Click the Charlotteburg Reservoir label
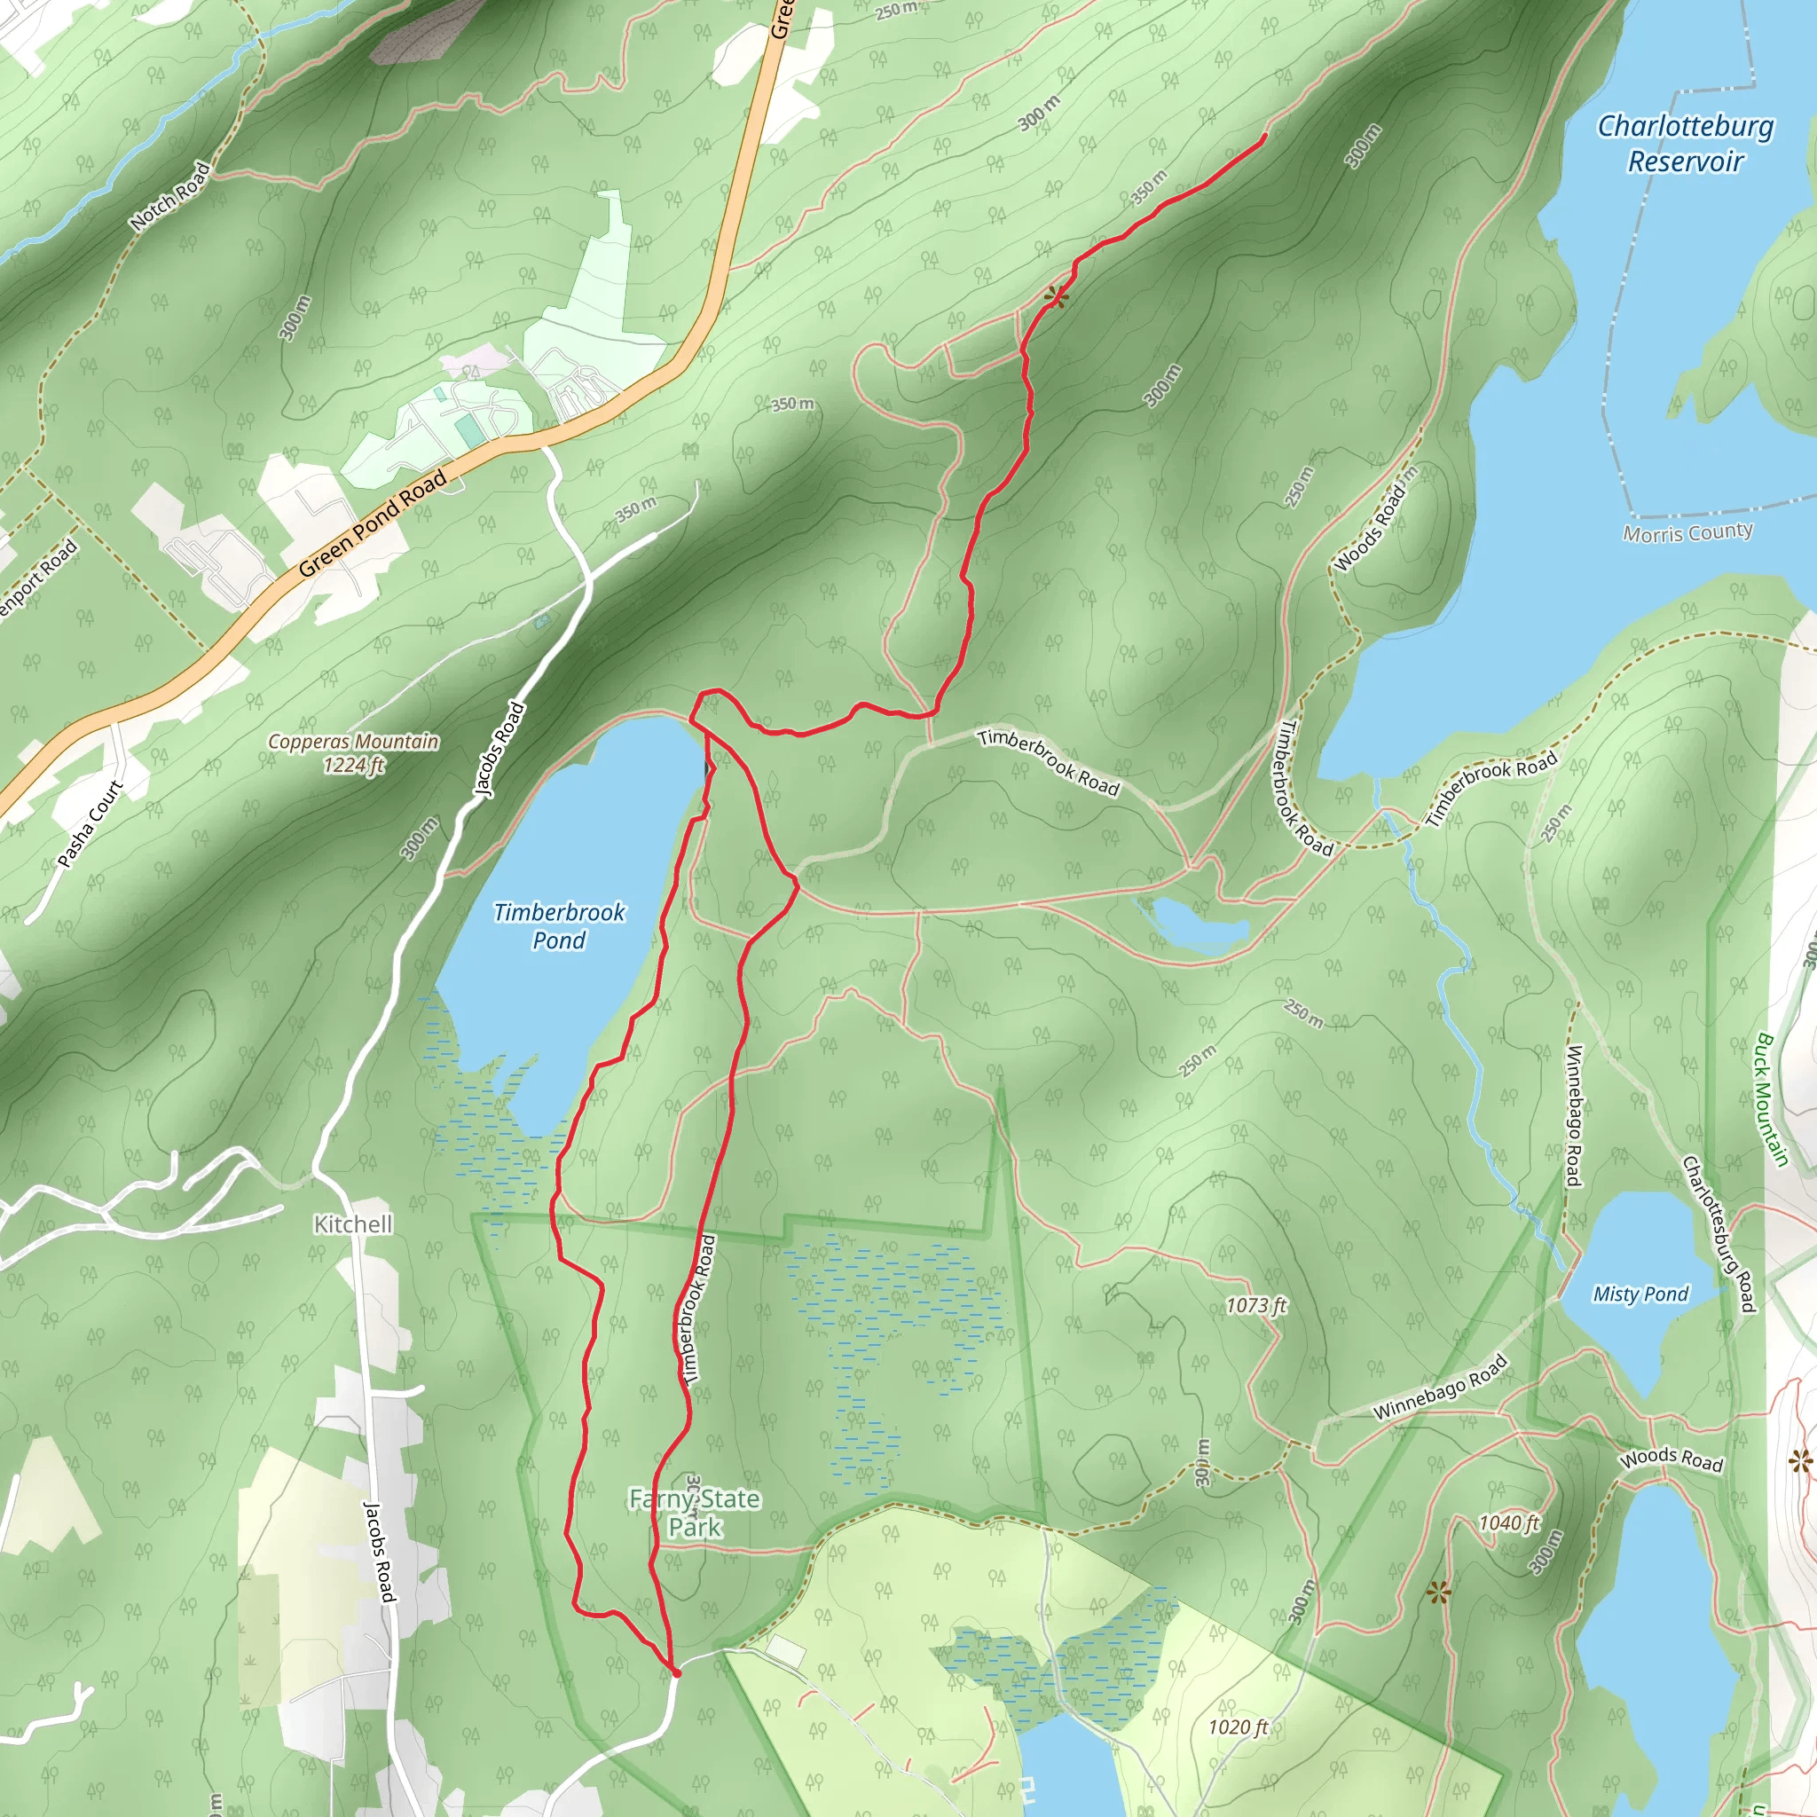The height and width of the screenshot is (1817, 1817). tap(1686, 144)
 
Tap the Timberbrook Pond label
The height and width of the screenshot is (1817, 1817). tap(559, 926)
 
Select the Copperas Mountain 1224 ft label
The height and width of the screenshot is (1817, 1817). tap(354, 753)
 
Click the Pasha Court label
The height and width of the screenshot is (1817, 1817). tap(90, 825)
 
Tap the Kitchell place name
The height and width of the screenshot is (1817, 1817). tap(353, 1223)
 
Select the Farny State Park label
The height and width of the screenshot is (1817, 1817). tap(694, 1513)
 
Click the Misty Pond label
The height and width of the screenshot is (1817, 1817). tap(1640, 1294)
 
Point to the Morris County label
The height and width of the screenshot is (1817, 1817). tap(1687, 533)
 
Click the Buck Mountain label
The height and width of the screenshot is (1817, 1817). tap(1771, 1099)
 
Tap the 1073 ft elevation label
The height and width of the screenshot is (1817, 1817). tap(1255, 1305)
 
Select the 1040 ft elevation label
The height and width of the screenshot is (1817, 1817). tap(1508, 1522)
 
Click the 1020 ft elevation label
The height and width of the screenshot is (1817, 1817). tap(1238, 1727)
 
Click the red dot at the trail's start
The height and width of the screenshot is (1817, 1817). tap(676, 1673)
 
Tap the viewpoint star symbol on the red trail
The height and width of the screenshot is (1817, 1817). tap(1056, 298)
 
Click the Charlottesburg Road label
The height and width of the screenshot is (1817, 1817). tap(1719, 1233)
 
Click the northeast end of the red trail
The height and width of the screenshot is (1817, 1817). tap(1263, 137)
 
